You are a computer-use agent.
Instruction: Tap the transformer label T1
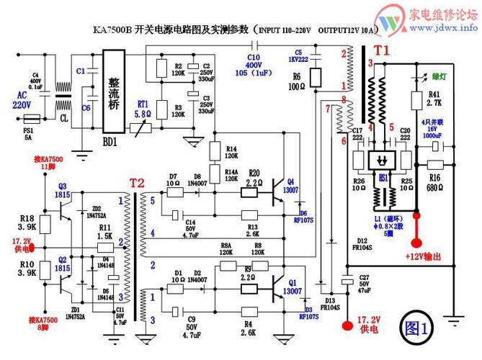click(x=380, y=51)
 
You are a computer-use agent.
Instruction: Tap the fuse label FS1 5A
click(x=30, y=131)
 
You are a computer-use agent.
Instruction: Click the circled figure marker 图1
click(x=416, y=329)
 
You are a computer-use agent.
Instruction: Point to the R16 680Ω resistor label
click(x=434, y=181)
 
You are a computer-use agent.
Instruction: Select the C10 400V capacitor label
click(x=253, y=66)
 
